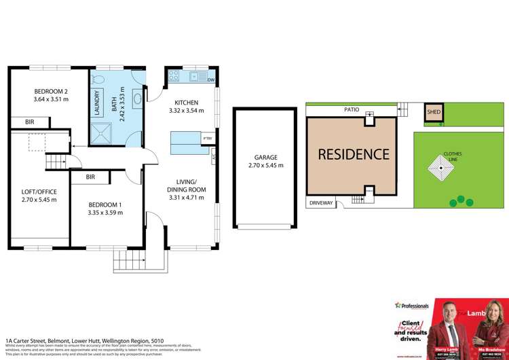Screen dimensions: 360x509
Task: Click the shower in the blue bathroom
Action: click(105, 130)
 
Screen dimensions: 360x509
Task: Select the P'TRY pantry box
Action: click(207, 139)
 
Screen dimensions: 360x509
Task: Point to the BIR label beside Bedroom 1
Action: click(90, 177)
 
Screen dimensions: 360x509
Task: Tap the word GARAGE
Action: click(265, 158)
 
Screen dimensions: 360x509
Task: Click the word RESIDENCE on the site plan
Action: click(354, 154)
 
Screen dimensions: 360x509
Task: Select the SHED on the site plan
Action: click(432, 111)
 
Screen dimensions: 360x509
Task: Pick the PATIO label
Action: click(350, 109)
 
